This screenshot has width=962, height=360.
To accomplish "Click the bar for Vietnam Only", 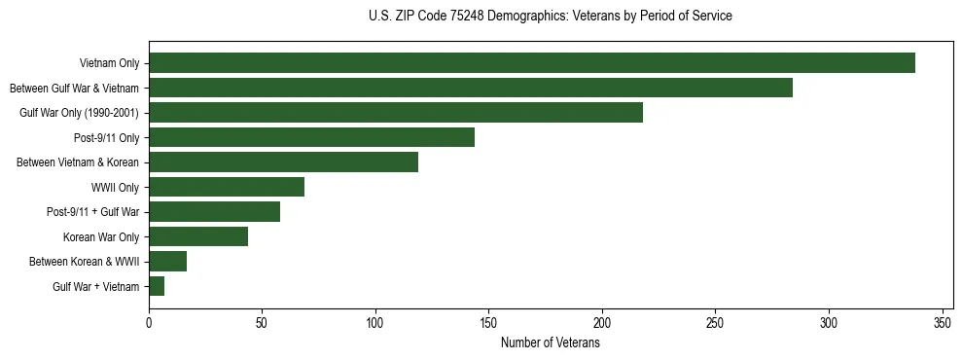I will click(x=531, y=63).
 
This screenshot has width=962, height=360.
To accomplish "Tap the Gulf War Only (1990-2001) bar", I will click(x=395, y=113).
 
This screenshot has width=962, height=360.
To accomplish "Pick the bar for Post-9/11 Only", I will click(x=311, y=137).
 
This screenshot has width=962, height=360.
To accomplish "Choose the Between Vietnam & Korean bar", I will click(x=283, y=162).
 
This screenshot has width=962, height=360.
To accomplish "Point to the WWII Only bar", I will click(x=227, y=187).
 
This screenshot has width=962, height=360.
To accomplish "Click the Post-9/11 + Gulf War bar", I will click(x=214, y=212).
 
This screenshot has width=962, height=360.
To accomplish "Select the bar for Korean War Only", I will click(x=198, y=236).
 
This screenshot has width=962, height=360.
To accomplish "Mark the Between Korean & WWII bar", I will click(x=167, y=262).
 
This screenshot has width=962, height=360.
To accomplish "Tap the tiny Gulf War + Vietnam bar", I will click(x=157, y=286).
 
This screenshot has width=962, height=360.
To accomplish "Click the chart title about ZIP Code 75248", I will click(x=551, y=17).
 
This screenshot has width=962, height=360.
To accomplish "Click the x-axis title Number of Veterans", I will click(x=551, y=343).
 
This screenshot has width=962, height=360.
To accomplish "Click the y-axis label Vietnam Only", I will click(x=109, y=64).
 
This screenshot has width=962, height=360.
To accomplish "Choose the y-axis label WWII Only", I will click(x=115, y=188).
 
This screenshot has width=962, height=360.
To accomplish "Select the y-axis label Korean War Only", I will click(x=101, y=237).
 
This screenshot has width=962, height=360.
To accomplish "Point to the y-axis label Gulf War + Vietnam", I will click(x=96, y=287).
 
